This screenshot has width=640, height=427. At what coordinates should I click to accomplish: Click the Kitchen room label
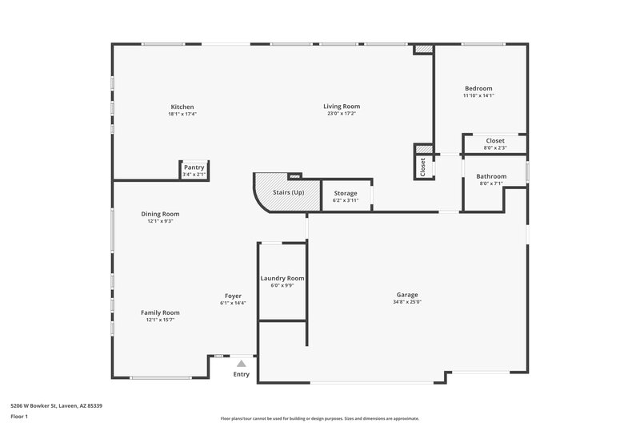pos(182,107)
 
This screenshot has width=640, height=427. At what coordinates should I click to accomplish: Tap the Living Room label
pos(342,107)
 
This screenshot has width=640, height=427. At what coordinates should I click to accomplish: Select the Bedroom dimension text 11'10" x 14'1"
pos(478,95)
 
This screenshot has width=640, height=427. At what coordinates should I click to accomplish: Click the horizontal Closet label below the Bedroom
pos(495,140)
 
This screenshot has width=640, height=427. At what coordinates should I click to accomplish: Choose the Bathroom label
pos(491,176)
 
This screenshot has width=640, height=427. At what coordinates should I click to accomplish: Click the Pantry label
pos(194,167)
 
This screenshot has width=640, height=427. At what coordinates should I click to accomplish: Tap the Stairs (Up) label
pos(289,193)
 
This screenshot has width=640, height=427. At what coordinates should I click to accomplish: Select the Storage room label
pos(346,193)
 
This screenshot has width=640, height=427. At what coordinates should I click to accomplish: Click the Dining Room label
pos(160,214)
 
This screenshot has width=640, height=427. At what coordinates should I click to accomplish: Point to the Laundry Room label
pos(282,278)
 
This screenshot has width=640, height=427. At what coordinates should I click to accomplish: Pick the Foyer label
pos(233,296)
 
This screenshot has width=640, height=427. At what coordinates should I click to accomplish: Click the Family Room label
pos(160,312)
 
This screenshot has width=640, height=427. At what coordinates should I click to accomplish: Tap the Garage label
pos(406,294)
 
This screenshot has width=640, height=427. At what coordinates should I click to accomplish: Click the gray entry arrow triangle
pos(241,363)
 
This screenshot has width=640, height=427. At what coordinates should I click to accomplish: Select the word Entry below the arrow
pos(241,374)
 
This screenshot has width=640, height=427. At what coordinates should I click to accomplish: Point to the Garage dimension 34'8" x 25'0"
pos(406,302)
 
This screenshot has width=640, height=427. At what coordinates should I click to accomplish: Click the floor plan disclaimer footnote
pos(319,418)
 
